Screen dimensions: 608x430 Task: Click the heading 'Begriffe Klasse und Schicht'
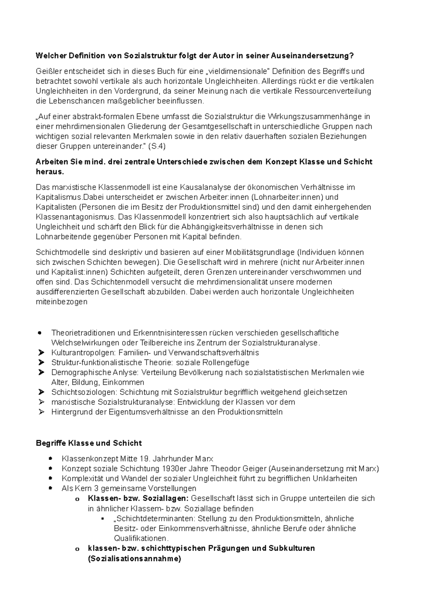pyautogui.click(x=89, y=443)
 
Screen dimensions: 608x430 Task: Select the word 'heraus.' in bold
pyautogui.click(x=50, y=172)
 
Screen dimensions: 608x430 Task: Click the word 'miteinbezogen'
pyautogui.click(x=62, y=301)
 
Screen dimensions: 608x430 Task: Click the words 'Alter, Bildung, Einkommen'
pyautogui.click(x=97, y=382)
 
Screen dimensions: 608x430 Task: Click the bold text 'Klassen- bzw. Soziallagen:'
pyautogui.click(x=138, y=498)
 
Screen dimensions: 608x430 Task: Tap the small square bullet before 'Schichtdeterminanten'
pyautogui.click(x=103, y=518)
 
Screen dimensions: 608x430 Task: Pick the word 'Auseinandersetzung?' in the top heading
pyautogui.click(x=312, y=56)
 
